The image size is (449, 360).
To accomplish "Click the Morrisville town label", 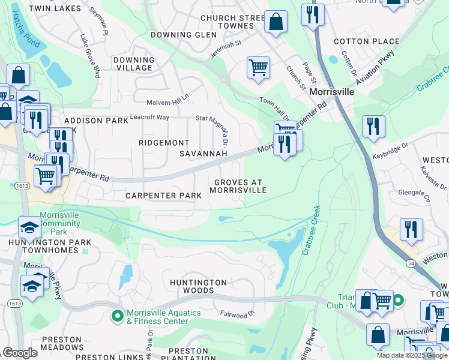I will coord(331,93).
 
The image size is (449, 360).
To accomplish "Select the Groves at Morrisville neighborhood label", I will coord(238,185).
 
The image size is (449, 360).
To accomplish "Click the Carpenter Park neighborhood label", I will coord(163,196).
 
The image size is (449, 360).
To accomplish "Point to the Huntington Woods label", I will coord(198,286).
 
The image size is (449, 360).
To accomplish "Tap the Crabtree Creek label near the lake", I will coord(310,231).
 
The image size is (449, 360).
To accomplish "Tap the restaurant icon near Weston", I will coord(411,230).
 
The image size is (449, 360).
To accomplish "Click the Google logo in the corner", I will coord(20,353).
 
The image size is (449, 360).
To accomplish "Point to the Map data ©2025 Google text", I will coord(412,355).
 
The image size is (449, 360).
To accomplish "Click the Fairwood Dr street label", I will coord(238,313).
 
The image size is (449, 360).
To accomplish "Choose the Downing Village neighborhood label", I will coord(134,64).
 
